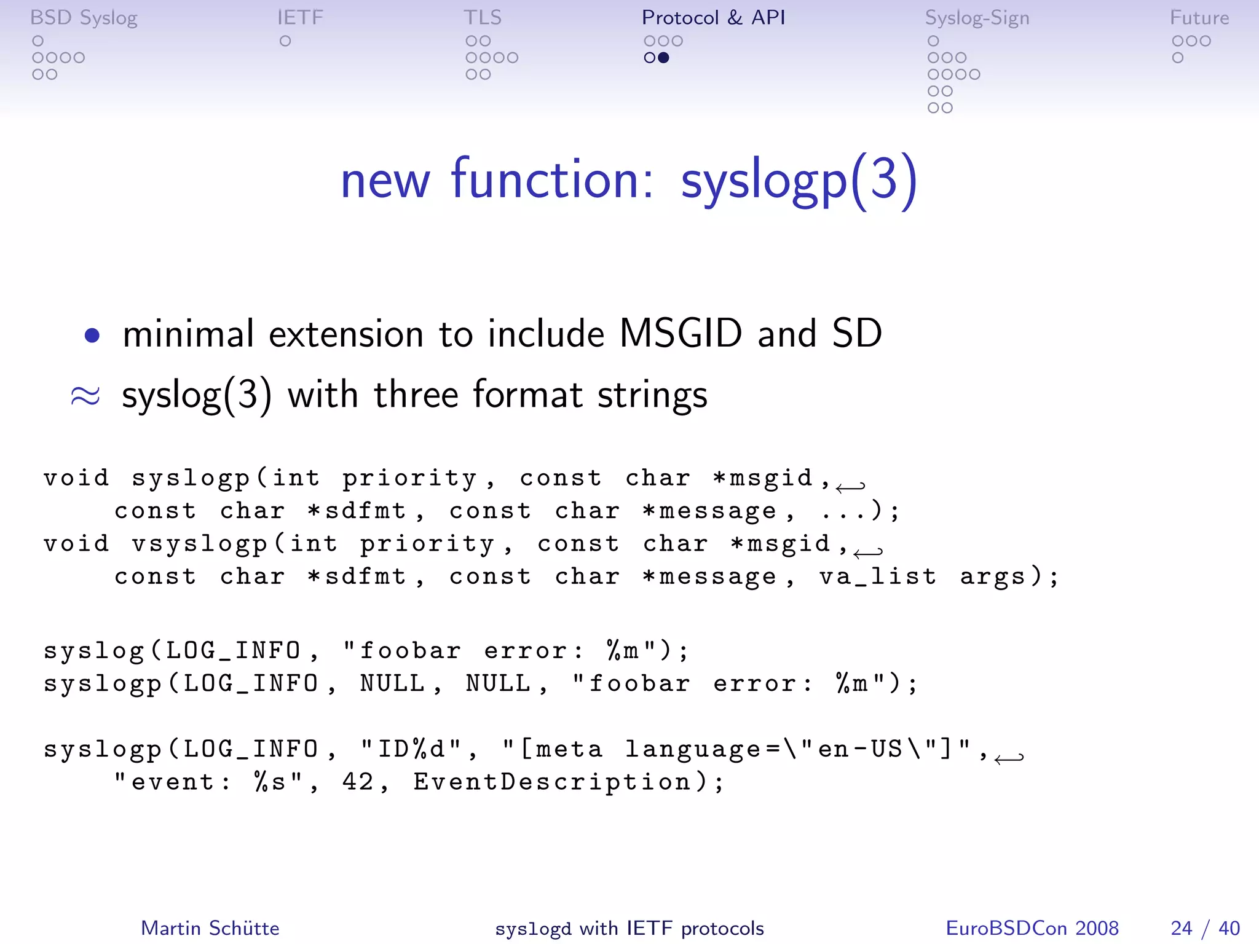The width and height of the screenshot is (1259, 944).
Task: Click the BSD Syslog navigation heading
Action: (x=84, y=18)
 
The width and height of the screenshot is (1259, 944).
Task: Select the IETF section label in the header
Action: (x=300, y=18)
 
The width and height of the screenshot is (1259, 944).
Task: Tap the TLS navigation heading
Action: (x=483, y=18)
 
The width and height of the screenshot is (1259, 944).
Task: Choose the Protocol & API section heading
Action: (x=713, y=18)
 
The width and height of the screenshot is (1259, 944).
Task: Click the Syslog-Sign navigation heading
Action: (x=977, y=18)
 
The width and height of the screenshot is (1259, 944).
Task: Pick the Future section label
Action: (x=1199, y=18)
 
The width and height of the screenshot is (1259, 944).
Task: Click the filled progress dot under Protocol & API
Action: (x=663, y=58)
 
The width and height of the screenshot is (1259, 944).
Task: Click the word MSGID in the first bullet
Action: (x=681, y=334)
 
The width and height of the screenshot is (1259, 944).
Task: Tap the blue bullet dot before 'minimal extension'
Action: (x=92, y=336)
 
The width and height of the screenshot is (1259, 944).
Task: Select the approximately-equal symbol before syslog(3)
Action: (x=85, y=396)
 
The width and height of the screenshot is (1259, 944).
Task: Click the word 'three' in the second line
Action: (x=416, y=395)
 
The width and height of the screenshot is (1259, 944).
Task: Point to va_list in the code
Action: (x=878, y=576)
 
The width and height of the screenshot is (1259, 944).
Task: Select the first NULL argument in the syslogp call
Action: (x=392, y=683)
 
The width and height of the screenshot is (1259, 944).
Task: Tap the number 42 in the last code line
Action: (x=358, y=782)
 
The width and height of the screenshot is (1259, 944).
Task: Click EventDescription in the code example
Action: (x=552, y=782)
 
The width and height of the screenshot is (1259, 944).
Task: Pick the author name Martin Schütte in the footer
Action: (x=210, y=928)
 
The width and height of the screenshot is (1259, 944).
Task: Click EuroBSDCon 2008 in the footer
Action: (x=1032, y=928)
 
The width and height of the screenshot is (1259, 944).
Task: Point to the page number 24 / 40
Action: (x=1205, y=928)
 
